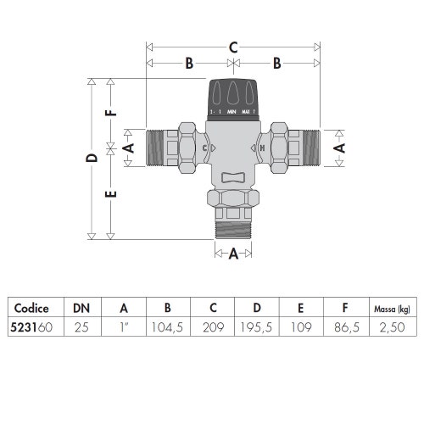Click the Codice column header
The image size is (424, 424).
pyautogui.click(x=31, y=308)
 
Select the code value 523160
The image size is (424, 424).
pyautogui.click(x=31, y=327)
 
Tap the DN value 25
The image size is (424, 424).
pyautogui.click(x=81, y=327)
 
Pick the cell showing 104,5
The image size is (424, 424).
pyautogui.click(x=167, y=327)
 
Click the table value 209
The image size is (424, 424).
pyautogui.click(x=214, y=327)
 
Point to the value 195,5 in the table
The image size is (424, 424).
pyautogui.click(x=256, y=327)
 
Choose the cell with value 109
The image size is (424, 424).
pyautogui.click(x=301, y=327)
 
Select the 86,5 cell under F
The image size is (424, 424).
pyautogui.click(x=347, y=327)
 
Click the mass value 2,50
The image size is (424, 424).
pyautogui.click(x=393, y=327)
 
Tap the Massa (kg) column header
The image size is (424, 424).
pyautogui.click(x=392, y=310)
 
